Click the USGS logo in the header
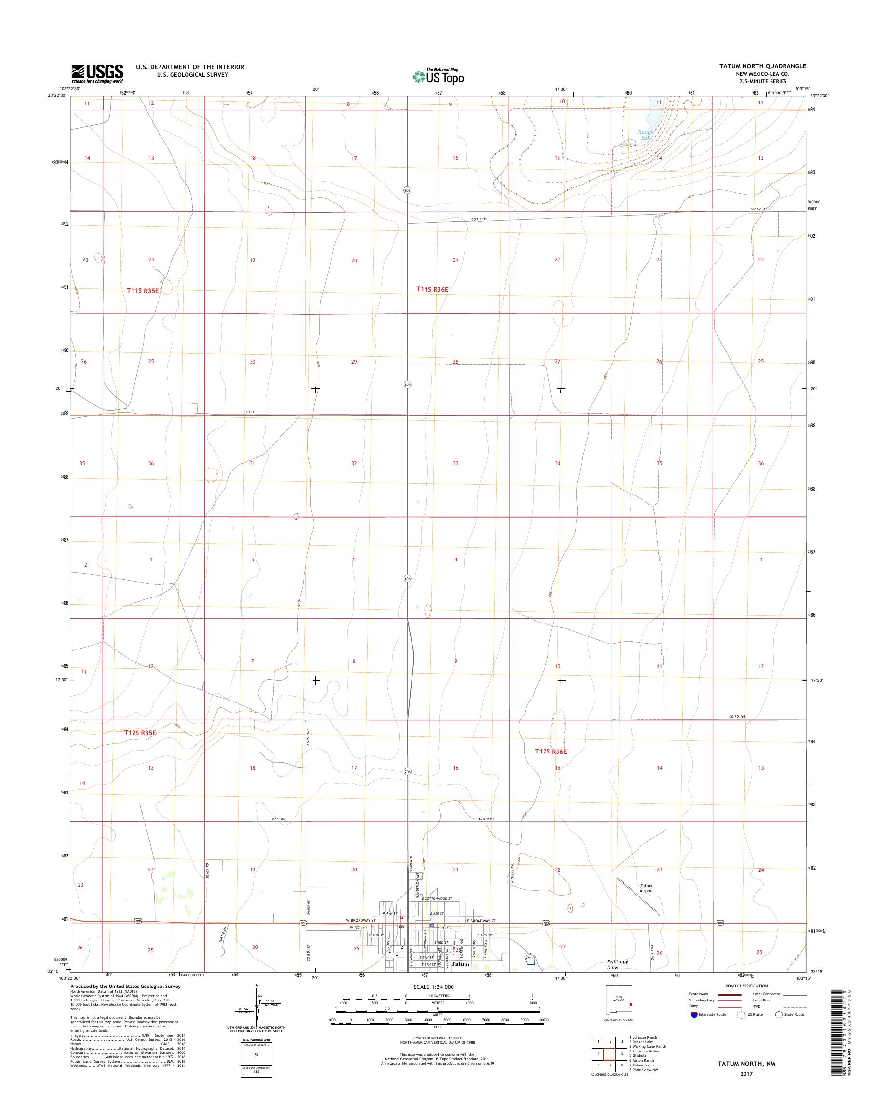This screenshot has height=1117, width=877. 97,73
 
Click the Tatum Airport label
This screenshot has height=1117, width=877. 646,888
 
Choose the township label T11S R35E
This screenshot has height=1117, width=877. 143,290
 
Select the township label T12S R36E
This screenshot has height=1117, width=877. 551,752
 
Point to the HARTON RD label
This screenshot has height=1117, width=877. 484,819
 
